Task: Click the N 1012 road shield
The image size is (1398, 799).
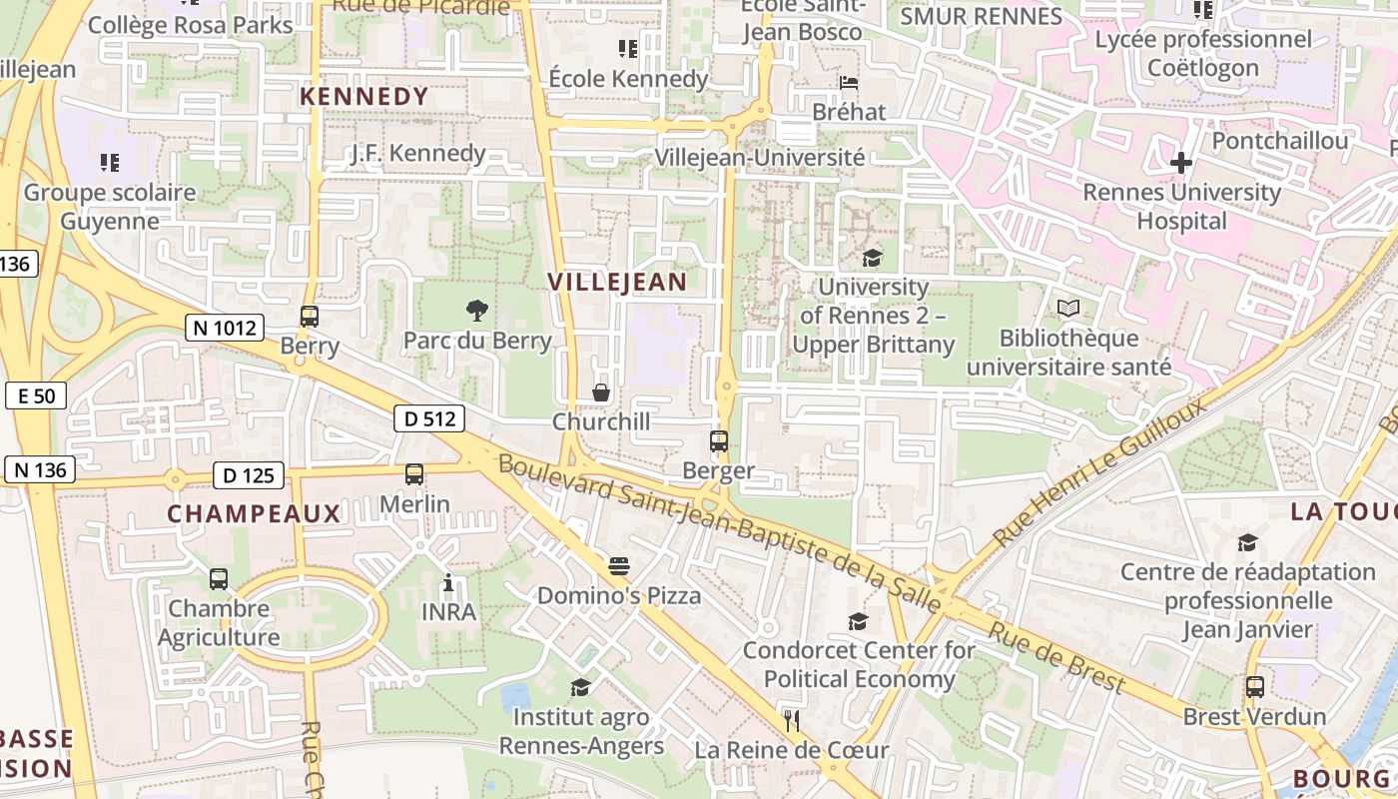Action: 224,328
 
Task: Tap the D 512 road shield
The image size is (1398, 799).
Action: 430,418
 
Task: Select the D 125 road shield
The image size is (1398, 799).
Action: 249,475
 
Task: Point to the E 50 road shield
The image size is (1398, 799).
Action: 36,396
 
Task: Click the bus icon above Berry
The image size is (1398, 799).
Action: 310,317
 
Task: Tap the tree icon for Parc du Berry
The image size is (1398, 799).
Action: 477,311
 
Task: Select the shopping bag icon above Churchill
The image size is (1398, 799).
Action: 601,393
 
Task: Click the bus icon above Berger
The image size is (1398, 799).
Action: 718,440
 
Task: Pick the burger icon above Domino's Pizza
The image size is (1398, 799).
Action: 619,566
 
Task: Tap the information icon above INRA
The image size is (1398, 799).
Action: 448,582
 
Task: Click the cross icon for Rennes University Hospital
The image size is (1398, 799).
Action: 1181,162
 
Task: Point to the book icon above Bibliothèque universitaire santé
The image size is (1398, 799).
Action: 1068,309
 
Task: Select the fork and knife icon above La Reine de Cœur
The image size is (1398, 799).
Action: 792,720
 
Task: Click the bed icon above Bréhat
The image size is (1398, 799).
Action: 849,82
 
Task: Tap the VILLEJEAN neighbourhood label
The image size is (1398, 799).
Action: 617,283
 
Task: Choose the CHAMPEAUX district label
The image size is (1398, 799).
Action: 254,514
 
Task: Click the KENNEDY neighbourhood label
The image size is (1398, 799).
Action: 364,97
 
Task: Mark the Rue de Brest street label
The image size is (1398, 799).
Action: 1057,658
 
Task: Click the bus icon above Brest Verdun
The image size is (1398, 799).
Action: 1255,687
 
